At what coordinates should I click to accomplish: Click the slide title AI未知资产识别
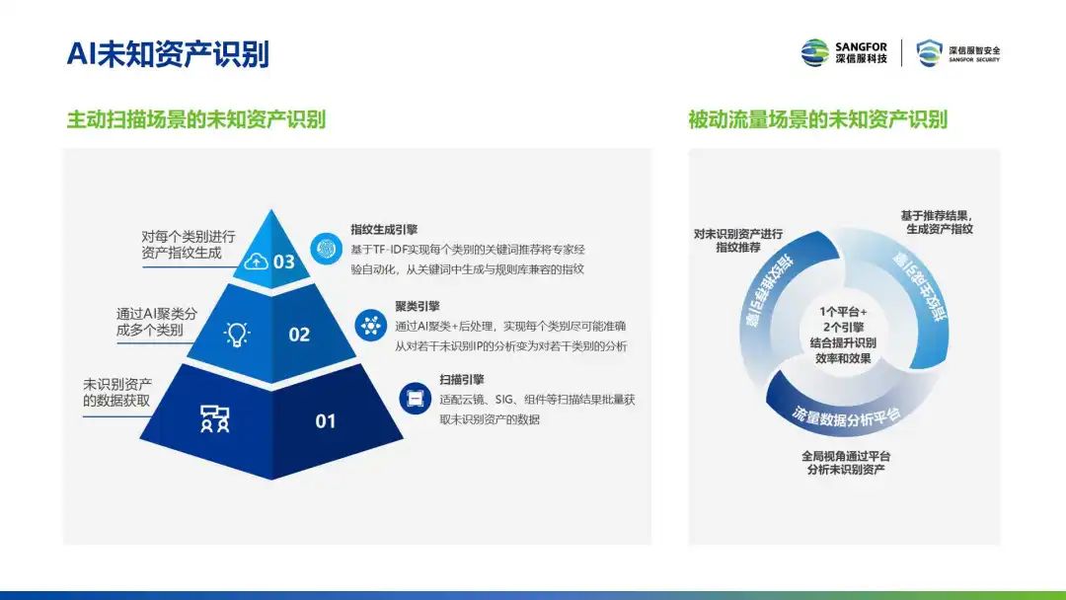click(x=168, y=53)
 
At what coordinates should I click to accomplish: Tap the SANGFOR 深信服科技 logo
click(x=844, y=52)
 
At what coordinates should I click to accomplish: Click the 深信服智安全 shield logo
click(x=957, y=52)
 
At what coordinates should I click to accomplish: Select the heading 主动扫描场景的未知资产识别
click(x=195, y=119)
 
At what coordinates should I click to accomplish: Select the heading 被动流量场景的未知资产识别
click(x=818, y=119)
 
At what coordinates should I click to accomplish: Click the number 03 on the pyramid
click(x=283, y=262)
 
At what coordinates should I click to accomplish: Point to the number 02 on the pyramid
click(x=299, y=335)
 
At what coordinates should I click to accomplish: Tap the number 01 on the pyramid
click(x=326, y=421)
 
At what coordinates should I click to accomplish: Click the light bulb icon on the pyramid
click(x=237, y=334)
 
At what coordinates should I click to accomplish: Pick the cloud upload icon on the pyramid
click(x=256, y=261)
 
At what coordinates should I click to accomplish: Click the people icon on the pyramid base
click(x=215, y=419)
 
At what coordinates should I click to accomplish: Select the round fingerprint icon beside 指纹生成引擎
click(x=327, y=248)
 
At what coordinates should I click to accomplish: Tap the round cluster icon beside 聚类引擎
click(x=370, y=326)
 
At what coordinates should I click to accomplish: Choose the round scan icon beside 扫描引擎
click(x=415, y=398)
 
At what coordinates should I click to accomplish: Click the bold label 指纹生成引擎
click(x=384, y=230)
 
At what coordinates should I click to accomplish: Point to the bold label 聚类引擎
click(x=418, y=307)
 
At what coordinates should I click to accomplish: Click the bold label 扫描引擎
click(x=462, y=380)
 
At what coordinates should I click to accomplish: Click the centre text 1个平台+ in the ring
click(x=843, y=312)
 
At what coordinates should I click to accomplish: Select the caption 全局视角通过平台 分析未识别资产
click(x=846, y=463)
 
